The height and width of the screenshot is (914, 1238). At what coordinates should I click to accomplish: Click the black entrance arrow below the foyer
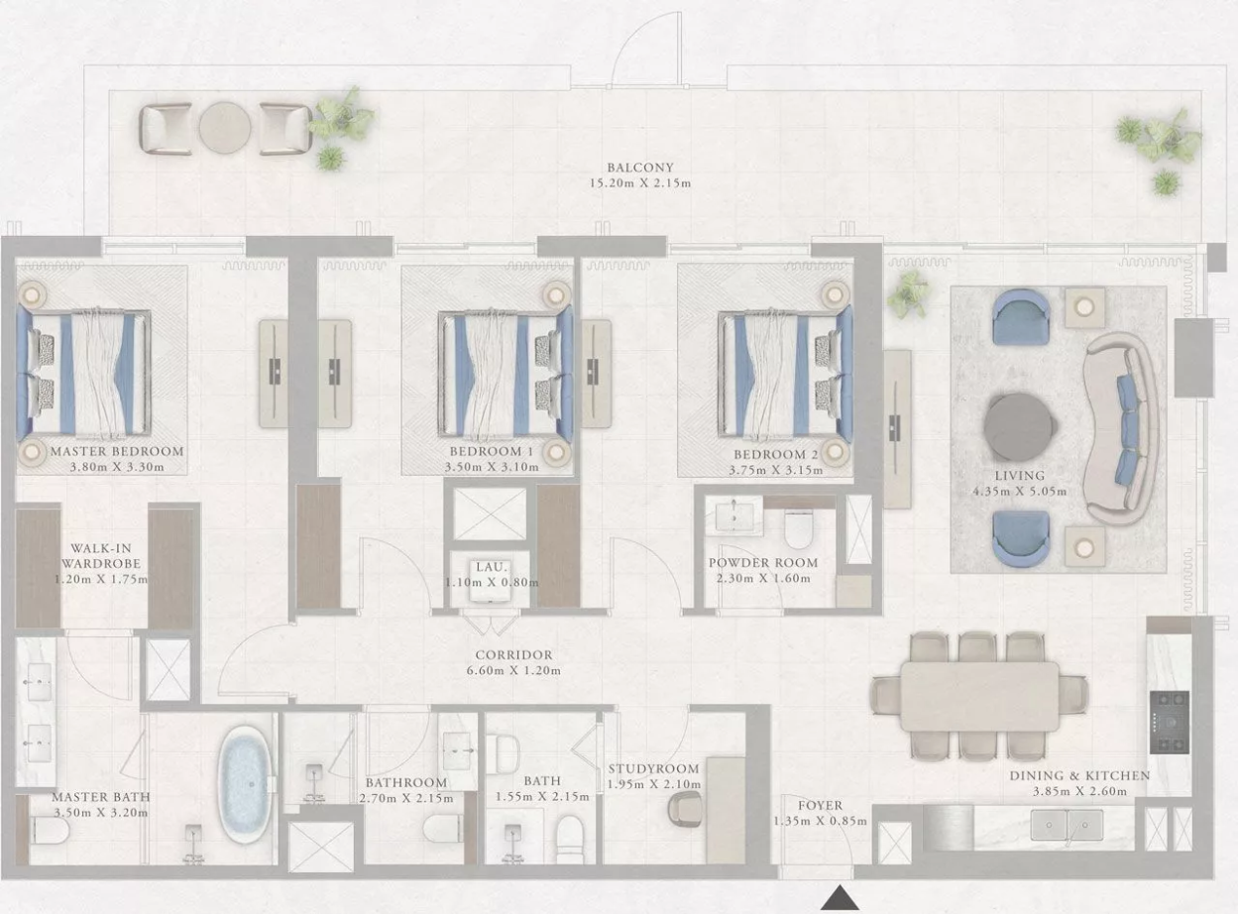pos(840,897)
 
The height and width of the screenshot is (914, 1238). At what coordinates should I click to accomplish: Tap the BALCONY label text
pos(640,167)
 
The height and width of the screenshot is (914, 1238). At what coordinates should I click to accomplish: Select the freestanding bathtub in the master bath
pos(245,784)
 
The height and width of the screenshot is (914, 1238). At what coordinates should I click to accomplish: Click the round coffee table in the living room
pos(1020,427)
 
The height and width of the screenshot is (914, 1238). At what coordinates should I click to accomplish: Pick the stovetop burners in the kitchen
pos(1169,722)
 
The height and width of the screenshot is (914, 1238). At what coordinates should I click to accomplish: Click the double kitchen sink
pos(1067,825)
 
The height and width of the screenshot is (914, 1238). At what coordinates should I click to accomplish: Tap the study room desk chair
pos(685,809)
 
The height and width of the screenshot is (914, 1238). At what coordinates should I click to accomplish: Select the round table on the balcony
pos(225,128)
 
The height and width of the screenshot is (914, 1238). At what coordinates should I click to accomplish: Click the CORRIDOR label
pos(513,654)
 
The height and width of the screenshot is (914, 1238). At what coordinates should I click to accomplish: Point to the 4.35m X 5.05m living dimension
pos(1020,492)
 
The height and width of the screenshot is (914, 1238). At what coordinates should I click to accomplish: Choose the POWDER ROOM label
pos(763,563)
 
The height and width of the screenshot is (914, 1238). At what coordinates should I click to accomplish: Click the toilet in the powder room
pos(799,530)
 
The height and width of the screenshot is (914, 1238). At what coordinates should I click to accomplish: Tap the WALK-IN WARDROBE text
pos(101,555)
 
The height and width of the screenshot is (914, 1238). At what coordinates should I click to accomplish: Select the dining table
pos(979,696)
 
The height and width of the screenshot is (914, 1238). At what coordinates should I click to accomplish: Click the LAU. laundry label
pos(492,567)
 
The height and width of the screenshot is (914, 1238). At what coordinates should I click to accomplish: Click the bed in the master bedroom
pos(83,373)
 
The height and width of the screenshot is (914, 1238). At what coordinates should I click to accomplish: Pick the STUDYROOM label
pos(653,769)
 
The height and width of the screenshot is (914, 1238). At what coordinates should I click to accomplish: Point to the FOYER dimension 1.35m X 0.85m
pos(820,821)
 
